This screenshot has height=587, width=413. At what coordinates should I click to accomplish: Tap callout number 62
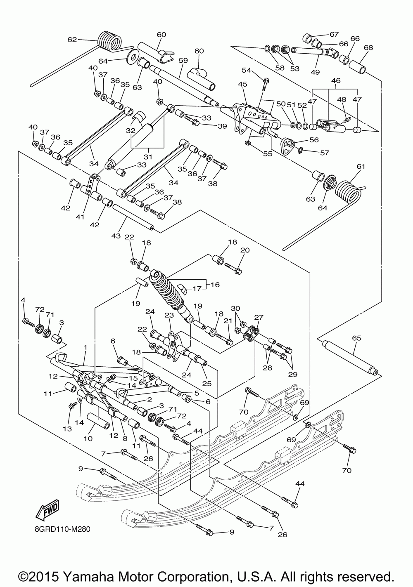(x=72, y=40)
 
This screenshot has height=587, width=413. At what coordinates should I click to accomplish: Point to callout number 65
(x=356, y=338)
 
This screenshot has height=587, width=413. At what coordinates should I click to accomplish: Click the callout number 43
(x=116, y=236)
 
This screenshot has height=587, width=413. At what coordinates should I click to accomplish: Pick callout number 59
(x=183, y=60)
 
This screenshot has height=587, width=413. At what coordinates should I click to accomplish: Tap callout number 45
(x=242, y=84)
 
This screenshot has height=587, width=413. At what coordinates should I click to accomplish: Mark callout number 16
(x=215, y=284)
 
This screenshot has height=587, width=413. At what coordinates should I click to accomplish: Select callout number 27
(x=259, y=317)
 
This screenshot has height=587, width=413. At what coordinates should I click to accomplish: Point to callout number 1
(x=85, y=348)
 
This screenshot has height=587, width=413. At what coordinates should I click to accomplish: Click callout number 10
(x=88, y=438)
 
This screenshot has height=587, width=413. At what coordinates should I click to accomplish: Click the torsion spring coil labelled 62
(x=111, y=41)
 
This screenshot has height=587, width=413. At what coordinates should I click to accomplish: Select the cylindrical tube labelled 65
(x=351, y=358)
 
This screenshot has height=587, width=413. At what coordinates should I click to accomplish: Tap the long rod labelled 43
(x=133, y=217)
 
